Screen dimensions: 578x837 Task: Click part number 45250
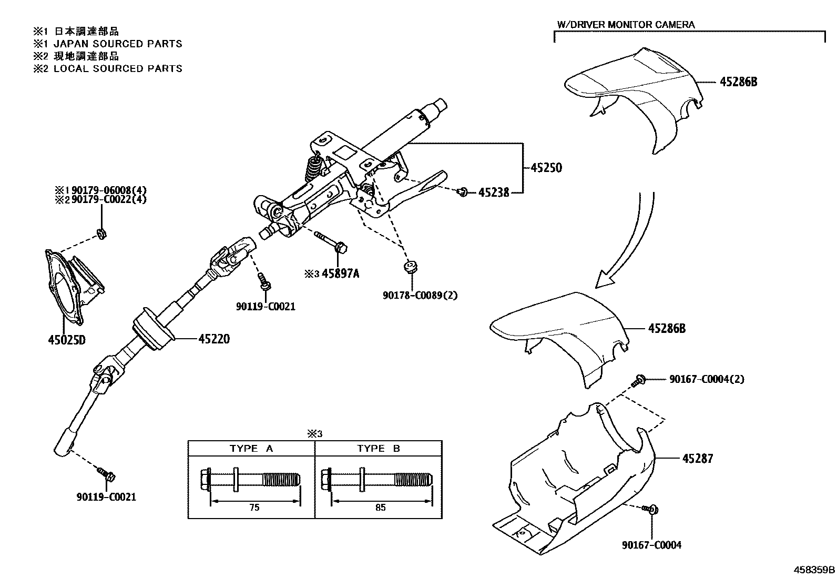pyautogui.click(x=546, y=168)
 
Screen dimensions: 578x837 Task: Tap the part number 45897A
pyautogui.click(x=340, y=273)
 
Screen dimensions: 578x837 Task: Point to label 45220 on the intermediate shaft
pyautogui.click(x=214, y=339)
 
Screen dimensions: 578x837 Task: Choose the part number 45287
pyautogui.click(x=697, y=459)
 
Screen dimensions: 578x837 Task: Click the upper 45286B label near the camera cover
pyautogui.click(x=738, y=82)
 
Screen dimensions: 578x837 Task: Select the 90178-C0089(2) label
pyautogui.click(x=420, y=295)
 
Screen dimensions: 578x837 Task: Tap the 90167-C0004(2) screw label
pyautogui.click(x=707, y=379)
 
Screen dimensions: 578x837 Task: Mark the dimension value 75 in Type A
pyautogui.click(x=254, y=508)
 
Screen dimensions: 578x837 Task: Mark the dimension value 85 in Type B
pyautogui.click(x=381, y=508)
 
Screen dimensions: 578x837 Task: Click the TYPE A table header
pyautogui.click(x=251, y=449)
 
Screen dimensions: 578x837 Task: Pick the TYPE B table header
pyautogui.click(x=379, y=449)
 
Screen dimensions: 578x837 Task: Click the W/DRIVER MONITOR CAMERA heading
pyautogui.click(x=626, y=25)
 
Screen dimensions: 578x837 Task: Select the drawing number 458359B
pyautogui.click(x=814, y=570)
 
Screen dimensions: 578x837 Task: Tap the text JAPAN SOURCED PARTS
pyautogui.click(x=118, y=44)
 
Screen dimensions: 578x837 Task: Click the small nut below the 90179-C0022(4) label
pyautogui.click(x=102, y=233)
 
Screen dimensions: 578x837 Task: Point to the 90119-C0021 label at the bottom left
pyautogui.click(x=106, y=496)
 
